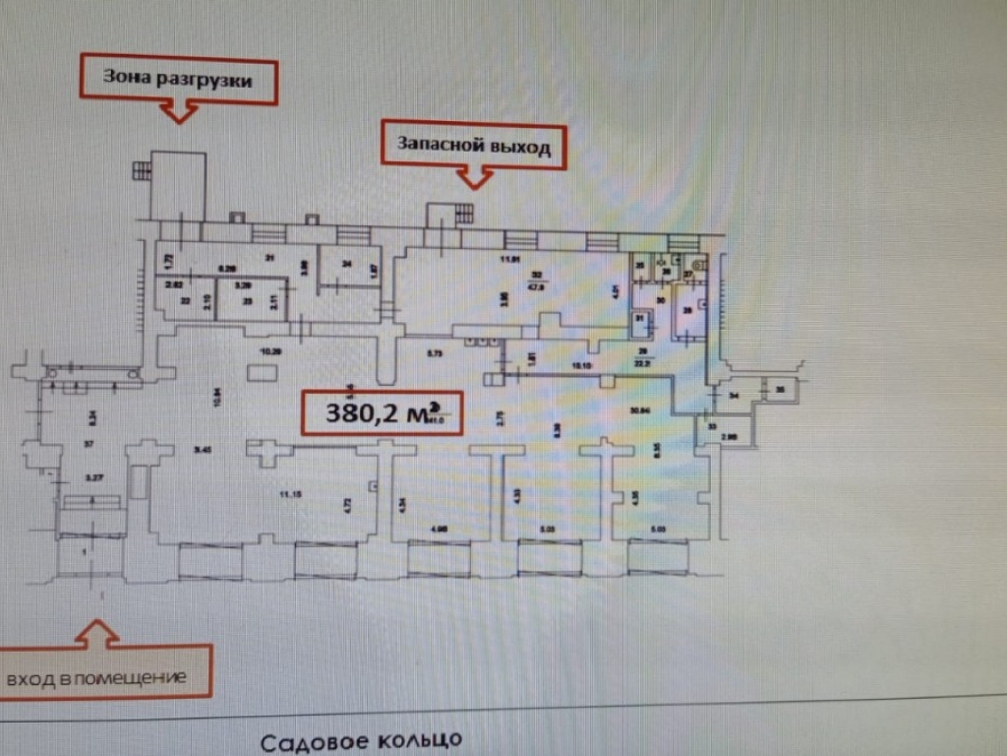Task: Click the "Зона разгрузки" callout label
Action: pyautogui.click(x=177, y=80)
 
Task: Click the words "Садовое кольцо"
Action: pyautogui.click(x=361, y=739)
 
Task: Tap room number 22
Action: pyautogui.click(x=184, y=301)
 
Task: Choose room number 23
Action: pyautogui.click(x=247, y=301)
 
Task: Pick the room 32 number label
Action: pyautogui.click(x=536, y=275)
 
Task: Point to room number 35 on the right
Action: pyautogui.click(x=781, y=391)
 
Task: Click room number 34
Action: pyautogui.click(x=734, y=396)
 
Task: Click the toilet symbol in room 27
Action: pyautogui.click(x=696, y=263)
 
